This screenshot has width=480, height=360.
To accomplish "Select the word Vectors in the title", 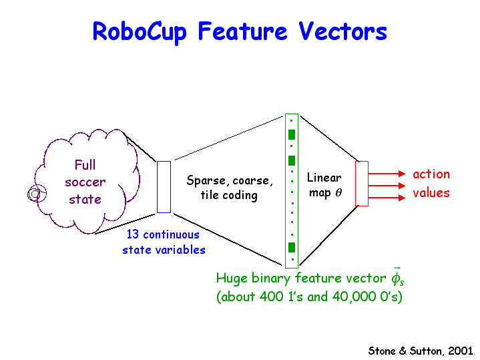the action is pyautogui.click(x=343, y=31).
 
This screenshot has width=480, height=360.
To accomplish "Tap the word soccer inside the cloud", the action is pyautogui.click(x=85, y=182).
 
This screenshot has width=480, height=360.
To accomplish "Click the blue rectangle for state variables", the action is pyautogui.click(x=164, y=187).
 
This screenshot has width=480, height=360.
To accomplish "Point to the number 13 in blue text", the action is pyautogui.click(x=133, y=234).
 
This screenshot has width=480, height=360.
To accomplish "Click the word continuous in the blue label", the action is pyautogui.click(x=171, y=234).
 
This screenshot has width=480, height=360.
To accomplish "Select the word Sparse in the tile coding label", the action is pyautogui.click(x=206, y=181).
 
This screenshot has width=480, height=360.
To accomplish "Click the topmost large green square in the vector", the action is pyautogui.click(x=292, y=134).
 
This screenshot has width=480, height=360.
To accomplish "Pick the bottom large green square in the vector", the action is pyautogui.click(x=292, y=247).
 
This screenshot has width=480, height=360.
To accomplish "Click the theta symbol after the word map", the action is pyautogui.click(x=338, y=192).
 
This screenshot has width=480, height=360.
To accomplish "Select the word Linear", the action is pyautogui.click(x=324, y=178).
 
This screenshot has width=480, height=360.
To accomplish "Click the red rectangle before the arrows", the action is pyautogui.click(x=362, y=184).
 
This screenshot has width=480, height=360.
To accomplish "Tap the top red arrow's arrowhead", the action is pyautogui.click(x=402, y=174).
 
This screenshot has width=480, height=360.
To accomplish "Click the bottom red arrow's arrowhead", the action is pyautogui.click(x=402, y=198).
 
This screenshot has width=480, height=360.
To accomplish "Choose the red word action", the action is pyautogui.click(x=431, y=174).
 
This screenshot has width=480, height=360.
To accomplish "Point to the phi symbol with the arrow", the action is pyautogui.click(x=397, y=277).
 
